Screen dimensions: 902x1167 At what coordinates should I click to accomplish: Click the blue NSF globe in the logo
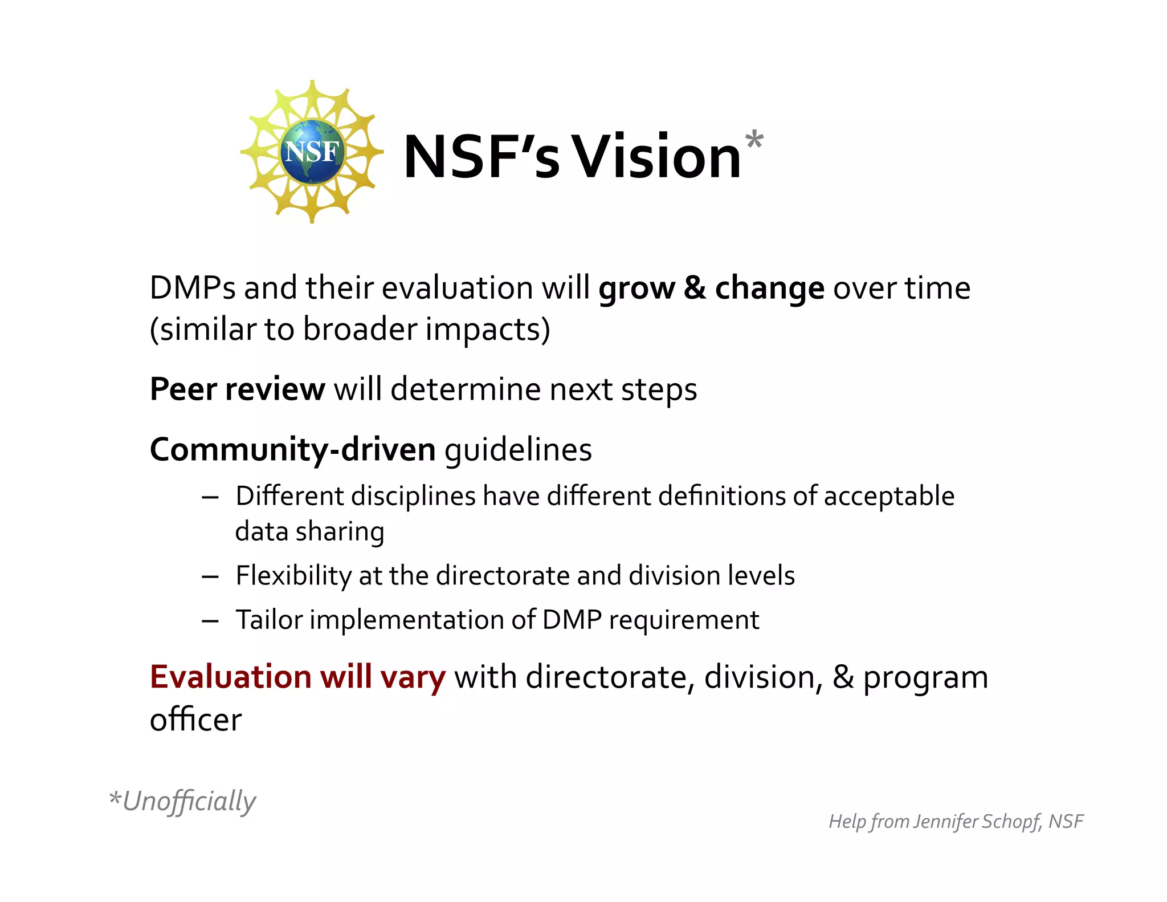312,152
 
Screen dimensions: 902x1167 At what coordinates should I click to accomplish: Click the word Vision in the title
656,157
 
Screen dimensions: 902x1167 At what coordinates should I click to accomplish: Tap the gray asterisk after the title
754,140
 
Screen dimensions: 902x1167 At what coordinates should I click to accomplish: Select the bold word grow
636,288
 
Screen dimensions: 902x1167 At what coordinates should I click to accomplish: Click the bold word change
769,288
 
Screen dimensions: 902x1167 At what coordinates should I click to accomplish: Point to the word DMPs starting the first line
192,288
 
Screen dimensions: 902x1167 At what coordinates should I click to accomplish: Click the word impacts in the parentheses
484,330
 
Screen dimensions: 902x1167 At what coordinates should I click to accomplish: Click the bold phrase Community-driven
292,449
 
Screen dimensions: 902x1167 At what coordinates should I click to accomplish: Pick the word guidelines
518,450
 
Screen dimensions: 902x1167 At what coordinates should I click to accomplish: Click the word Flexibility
293,575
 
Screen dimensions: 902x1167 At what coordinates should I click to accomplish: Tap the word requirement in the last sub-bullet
684,620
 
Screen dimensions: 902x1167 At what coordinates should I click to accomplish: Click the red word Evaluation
230,677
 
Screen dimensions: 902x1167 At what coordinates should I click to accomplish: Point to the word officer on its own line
195,720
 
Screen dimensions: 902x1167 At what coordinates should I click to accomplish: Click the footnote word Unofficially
189,801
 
